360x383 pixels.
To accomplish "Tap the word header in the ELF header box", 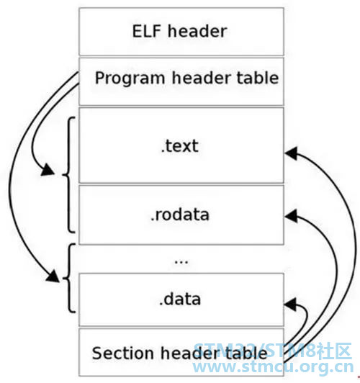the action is tap(197, 31).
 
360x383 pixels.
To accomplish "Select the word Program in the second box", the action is tap(130, 78).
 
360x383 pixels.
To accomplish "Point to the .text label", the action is tap(180, 146).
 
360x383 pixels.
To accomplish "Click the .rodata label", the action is tap(180, 215).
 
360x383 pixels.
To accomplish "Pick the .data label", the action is tap(180, 299).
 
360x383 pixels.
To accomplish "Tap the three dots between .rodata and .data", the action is tap(181, 262).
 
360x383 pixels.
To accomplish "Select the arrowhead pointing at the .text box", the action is tap(291, 153).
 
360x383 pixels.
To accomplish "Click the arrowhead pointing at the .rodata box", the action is tap(291, 216).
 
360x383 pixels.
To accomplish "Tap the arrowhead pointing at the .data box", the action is tap(290, 305).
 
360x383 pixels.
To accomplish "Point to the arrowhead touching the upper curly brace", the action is tap(48, 170).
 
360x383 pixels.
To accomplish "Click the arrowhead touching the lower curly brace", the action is tap(53, 276).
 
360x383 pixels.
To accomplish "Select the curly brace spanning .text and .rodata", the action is tap(69, 175).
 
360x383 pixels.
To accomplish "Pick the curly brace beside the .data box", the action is tap(70, 278).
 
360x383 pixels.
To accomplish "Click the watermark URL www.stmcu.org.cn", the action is tap(273, 367).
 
